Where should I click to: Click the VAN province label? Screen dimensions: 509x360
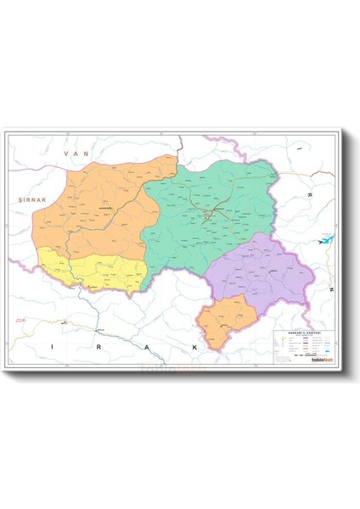coord(82,153)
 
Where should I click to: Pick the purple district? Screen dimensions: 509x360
coord(259,271)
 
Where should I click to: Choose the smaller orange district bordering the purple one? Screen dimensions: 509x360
coord(225,319)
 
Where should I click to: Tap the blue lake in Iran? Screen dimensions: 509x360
coord(325,240)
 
